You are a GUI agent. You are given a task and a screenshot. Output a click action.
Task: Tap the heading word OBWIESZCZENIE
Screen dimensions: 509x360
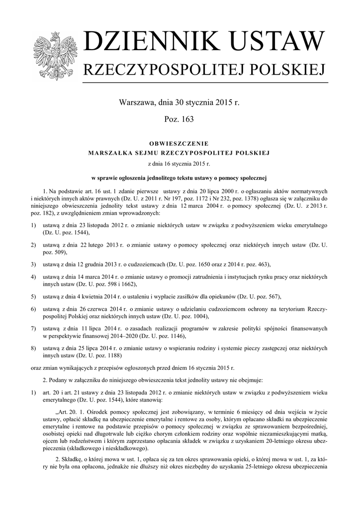click(179, 143)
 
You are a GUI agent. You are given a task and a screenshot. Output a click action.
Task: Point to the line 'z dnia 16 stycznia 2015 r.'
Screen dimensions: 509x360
click(179, 164)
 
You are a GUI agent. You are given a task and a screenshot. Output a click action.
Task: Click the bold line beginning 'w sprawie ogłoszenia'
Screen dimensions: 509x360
click(179, 178)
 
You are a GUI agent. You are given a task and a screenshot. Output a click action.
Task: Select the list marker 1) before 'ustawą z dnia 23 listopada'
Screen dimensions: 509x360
click(33, 226)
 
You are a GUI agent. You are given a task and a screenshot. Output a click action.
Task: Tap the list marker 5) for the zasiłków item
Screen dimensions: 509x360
click(33, 297)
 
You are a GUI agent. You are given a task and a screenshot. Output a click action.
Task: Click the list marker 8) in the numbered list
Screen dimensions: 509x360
click(33, 348)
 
